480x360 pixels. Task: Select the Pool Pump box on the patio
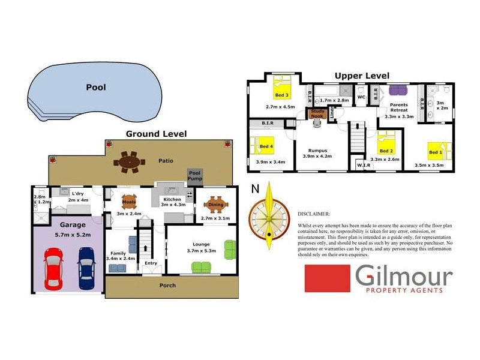[x=195, y=175]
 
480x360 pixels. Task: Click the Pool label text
[x=96, y=87]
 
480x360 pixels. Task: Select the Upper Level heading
[x=362, y=76]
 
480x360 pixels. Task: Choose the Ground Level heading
[x=156, y=134]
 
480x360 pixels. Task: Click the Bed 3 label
[x=282, y=95]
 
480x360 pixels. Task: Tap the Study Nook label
[x=317, y=114]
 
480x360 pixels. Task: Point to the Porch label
[x=167, y=285]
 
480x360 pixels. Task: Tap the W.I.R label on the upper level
[x=364, y=164]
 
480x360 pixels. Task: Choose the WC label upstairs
[x=361, y=96]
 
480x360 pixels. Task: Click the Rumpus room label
[x=316, y=150]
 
